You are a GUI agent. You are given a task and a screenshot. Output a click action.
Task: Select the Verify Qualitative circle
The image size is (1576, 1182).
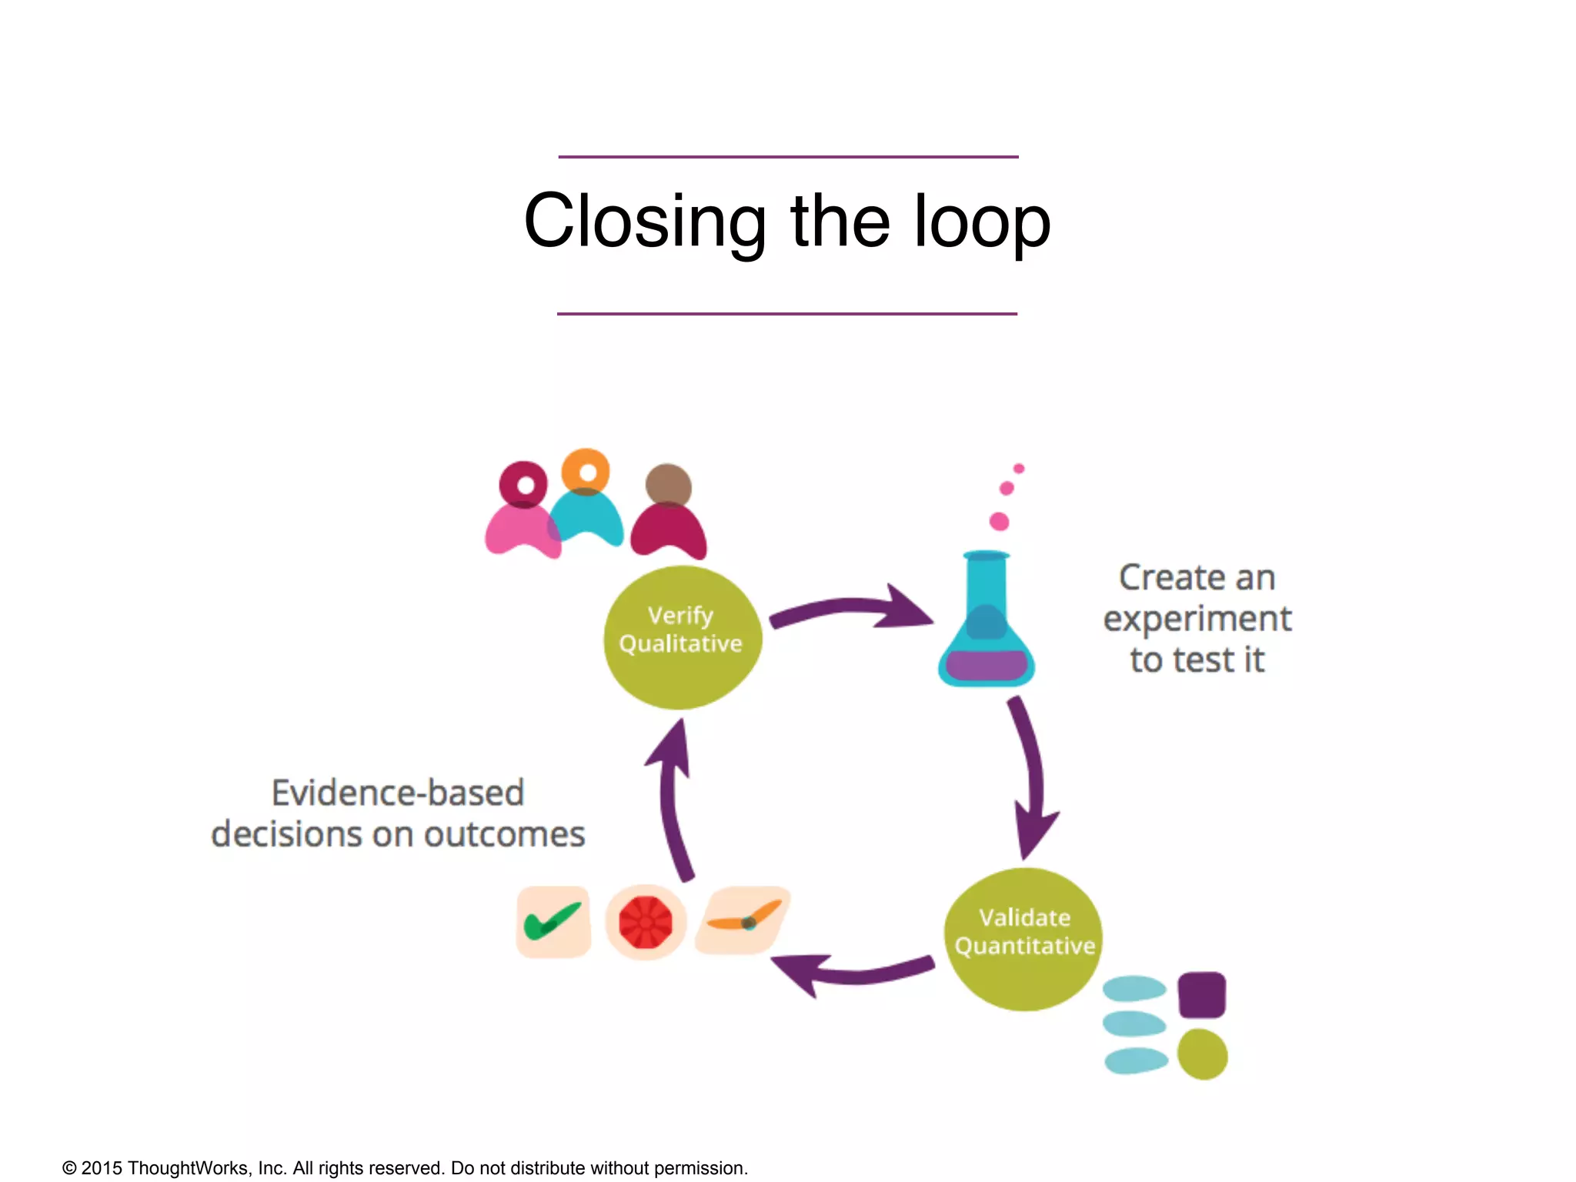(682, 637)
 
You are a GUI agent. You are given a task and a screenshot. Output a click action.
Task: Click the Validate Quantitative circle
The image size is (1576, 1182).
(1023, 939)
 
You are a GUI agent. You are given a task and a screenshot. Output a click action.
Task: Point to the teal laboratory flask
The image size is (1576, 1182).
(986, 625)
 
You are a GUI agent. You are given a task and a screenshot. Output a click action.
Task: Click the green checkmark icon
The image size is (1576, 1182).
(553, 921)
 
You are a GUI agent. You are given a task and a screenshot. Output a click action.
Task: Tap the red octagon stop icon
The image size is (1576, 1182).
(646, 922)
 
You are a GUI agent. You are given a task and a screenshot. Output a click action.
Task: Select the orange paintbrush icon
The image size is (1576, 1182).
(743, 920)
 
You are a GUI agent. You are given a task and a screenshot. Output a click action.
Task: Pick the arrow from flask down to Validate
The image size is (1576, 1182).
(1032, 777)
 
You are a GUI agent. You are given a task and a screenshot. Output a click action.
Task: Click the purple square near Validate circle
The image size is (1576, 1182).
(1201, 994)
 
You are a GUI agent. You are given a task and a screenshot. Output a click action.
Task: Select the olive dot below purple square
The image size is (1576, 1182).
(1202, 1054)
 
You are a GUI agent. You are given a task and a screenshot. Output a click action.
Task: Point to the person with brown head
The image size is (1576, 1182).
(668, 512)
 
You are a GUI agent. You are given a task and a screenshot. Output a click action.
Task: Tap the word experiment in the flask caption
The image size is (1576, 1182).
(1197, 619)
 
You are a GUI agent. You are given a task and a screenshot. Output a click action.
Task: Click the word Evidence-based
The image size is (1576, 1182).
(398, 793)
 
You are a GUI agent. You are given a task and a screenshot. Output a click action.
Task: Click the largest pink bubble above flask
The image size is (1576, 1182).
(999, 522)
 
